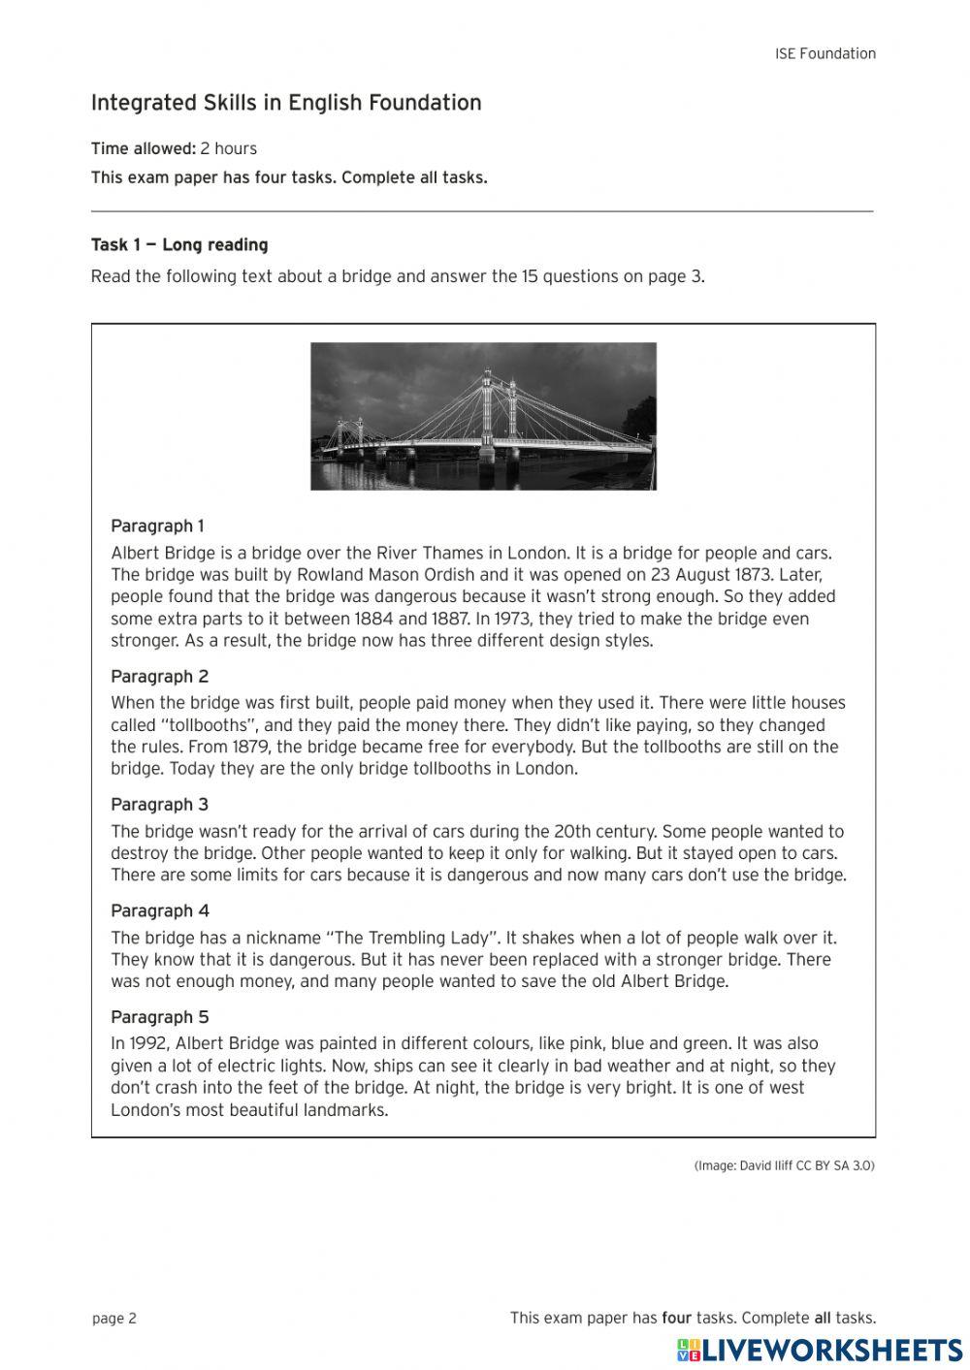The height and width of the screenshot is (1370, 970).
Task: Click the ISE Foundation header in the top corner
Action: [x=824, y=54]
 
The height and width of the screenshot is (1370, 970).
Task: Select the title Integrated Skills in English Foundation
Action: [x=286, y=103]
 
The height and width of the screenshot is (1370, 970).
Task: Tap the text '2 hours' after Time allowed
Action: [x=229, y=148]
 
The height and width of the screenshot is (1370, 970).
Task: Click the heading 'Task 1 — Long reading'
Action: [x=179, y=245]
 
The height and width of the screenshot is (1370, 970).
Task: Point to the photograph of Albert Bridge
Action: [x=483, y=416]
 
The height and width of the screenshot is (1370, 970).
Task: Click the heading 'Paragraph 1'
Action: [x=157, y=526]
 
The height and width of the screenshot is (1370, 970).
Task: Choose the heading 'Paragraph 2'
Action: [x=159, y=677]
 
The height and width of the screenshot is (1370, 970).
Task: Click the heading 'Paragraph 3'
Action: [x=159, y=805]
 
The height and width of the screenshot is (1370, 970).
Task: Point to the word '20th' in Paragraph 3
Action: [x=572, y=832]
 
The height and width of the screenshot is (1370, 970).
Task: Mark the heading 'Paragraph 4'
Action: [x=159, y=911]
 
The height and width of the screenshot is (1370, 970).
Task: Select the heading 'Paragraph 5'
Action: [x=159, y=1017]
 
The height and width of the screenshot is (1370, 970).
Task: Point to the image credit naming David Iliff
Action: [x=784, y=1165]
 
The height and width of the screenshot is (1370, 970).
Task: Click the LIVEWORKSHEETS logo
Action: [x=820, y=1350]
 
